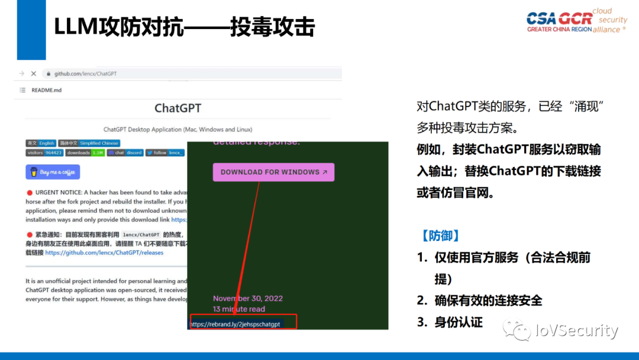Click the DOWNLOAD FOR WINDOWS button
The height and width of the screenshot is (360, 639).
[273, 172]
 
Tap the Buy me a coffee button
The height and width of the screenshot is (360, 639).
[53, 172]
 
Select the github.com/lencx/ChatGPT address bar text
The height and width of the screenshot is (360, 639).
[85, 73]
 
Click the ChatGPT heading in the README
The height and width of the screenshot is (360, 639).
[177, 108]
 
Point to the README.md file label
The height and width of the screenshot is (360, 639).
[46, 90]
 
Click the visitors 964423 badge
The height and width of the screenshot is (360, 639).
[44, 153]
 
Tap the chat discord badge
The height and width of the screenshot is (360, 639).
[125, 153]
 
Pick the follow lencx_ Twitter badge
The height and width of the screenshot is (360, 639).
[165, 153]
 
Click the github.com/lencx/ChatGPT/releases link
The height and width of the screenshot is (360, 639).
[104, 252]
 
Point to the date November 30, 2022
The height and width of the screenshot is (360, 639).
[248, 298]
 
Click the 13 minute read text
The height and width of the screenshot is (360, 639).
[239, 309]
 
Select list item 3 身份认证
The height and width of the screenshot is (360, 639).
[450, 322]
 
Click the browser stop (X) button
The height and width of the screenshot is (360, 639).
[34, 73]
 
